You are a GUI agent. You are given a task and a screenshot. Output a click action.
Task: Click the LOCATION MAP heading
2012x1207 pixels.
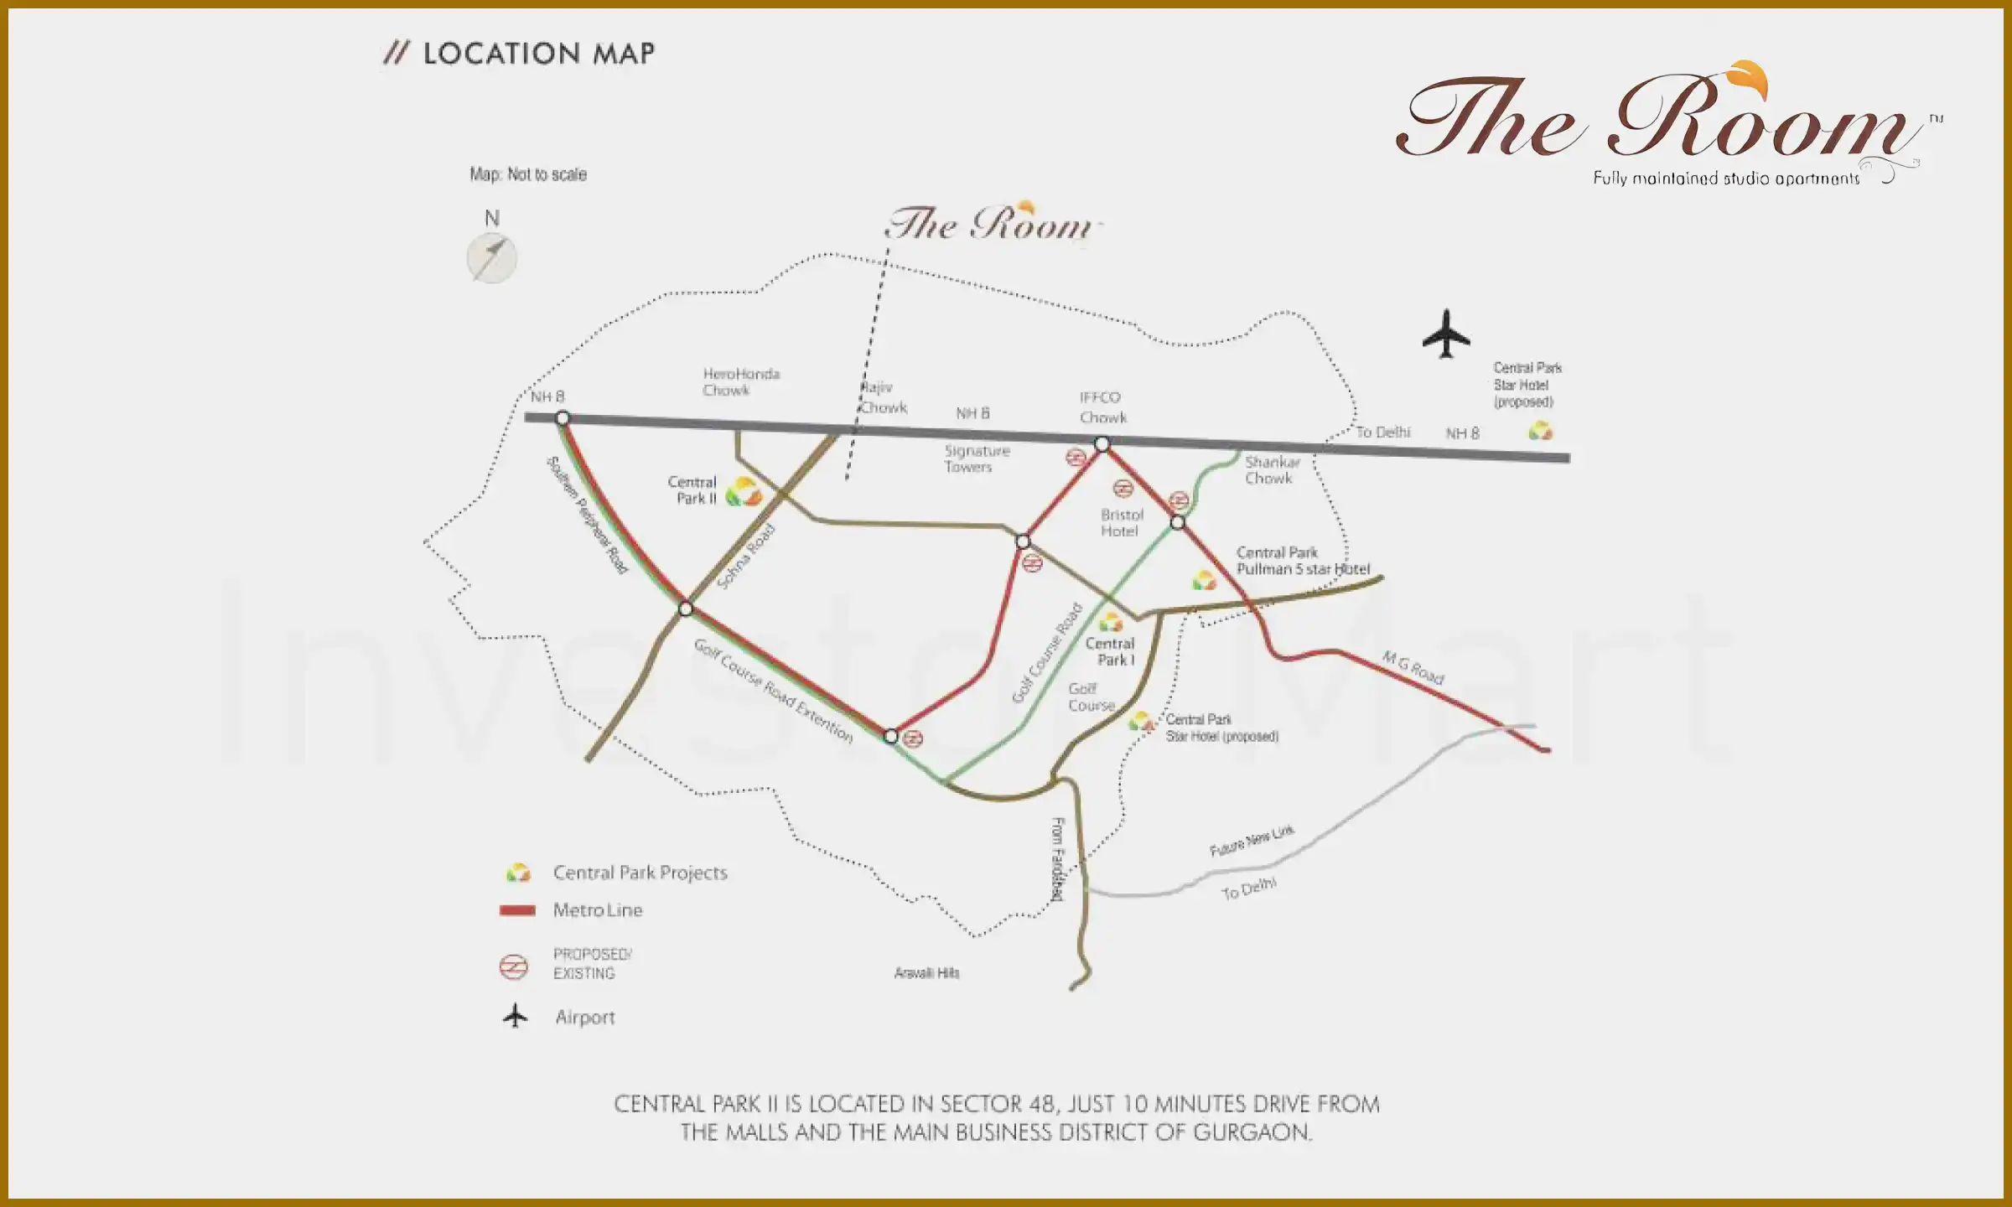pos(537,54)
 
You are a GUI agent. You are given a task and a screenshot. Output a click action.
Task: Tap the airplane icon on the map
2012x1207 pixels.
pos(1445,334)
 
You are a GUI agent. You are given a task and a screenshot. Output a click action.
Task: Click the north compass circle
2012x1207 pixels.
pos(492,257)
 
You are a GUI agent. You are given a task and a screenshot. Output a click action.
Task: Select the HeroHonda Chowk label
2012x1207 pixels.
pos(740,382)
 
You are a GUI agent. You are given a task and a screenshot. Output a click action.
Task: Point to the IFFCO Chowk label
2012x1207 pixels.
pos(1102,407)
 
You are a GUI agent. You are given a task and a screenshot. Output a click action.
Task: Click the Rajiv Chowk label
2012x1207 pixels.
pos(883,398)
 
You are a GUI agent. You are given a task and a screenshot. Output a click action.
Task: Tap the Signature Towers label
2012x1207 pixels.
pos(976,458)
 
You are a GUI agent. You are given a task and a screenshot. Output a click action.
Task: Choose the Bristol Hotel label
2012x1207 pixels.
pos(1121,523)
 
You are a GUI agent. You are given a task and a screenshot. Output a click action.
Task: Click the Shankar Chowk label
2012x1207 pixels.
pos(1271,470)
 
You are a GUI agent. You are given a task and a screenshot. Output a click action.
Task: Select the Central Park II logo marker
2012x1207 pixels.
pos(743,492)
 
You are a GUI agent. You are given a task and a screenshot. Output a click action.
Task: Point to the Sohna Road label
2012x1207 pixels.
pos(745,557)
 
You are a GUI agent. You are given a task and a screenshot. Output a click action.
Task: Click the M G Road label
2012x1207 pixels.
pos(1413,668)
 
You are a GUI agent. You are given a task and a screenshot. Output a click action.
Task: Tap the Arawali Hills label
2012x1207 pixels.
pos(926,973)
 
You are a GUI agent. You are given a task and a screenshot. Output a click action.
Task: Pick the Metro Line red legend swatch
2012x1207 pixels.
pos(517,910)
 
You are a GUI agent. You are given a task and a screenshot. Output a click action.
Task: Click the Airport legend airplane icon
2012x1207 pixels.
pos(516,1017)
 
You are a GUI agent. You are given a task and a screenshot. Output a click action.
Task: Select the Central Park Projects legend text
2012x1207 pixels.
pos(640,873)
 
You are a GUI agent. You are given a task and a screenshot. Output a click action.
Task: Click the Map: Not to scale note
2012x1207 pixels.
pos(528,174)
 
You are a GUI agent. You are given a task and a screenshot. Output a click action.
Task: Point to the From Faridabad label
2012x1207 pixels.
pos(1058,859)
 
